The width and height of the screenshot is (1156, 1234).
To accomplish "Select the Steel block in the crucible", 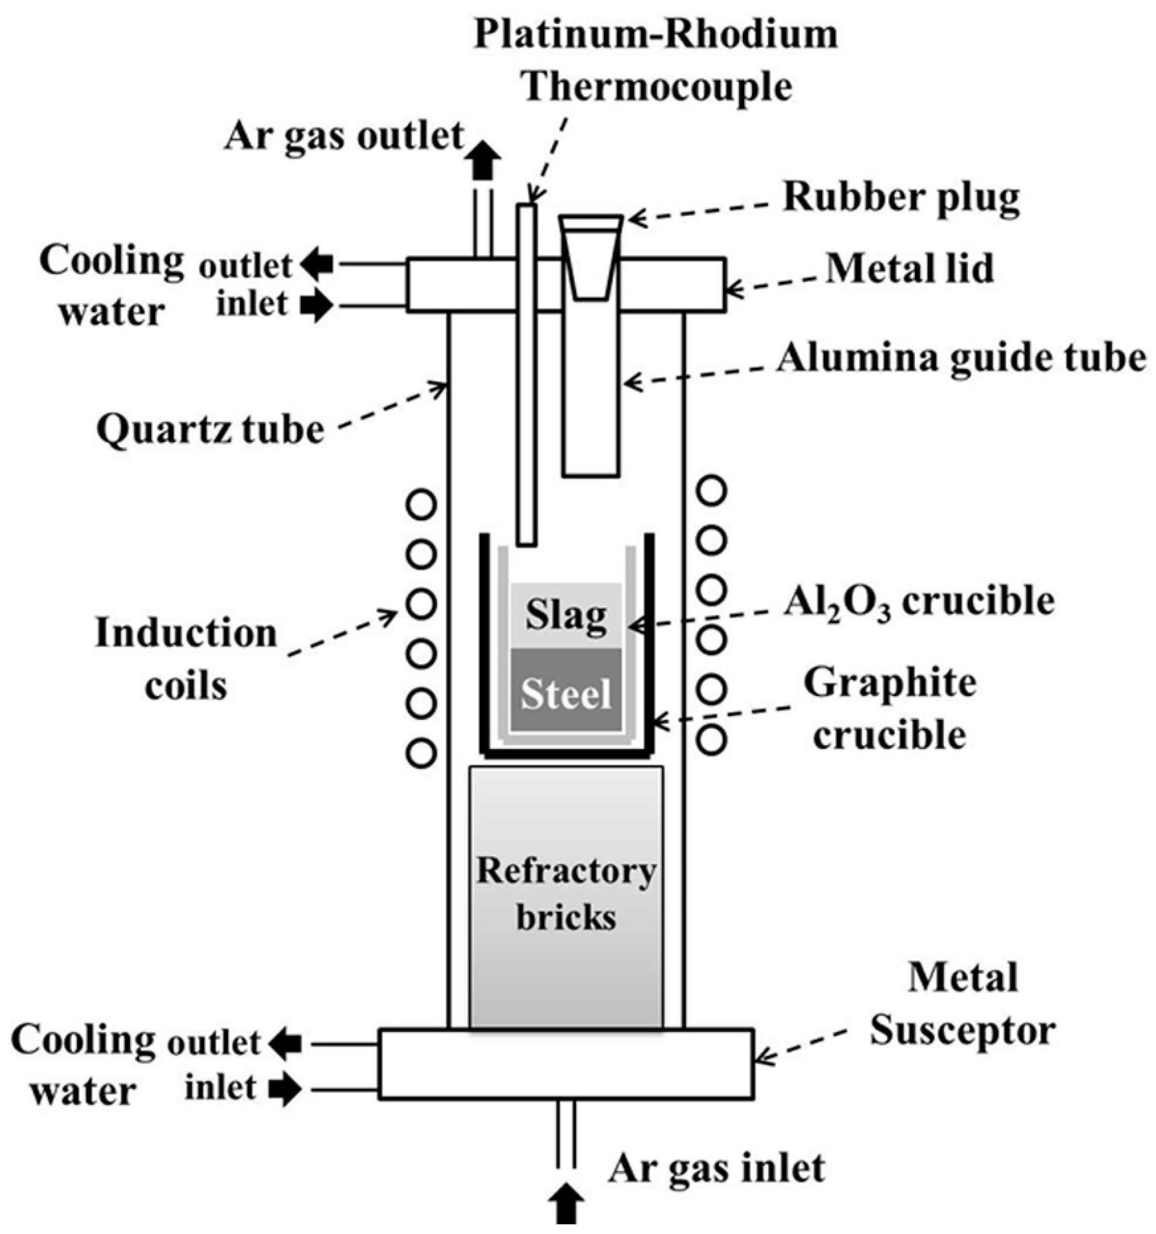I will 566,693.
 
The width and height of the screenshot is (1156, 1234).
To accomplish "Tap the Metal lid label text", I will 910,269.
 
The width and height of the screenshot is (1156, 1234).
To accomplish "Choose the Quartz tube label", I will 210,429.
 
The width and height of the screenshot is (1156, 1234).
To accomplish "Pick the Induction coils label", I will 186,659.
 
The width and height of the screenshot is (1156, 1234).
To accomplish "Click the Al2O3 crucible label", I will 918,601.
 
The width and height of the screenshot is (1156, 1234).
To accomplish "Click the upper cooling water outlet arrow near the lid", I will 317,264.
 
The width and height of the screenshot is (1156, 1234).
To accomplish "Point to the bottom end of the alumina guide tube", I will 590,474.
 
